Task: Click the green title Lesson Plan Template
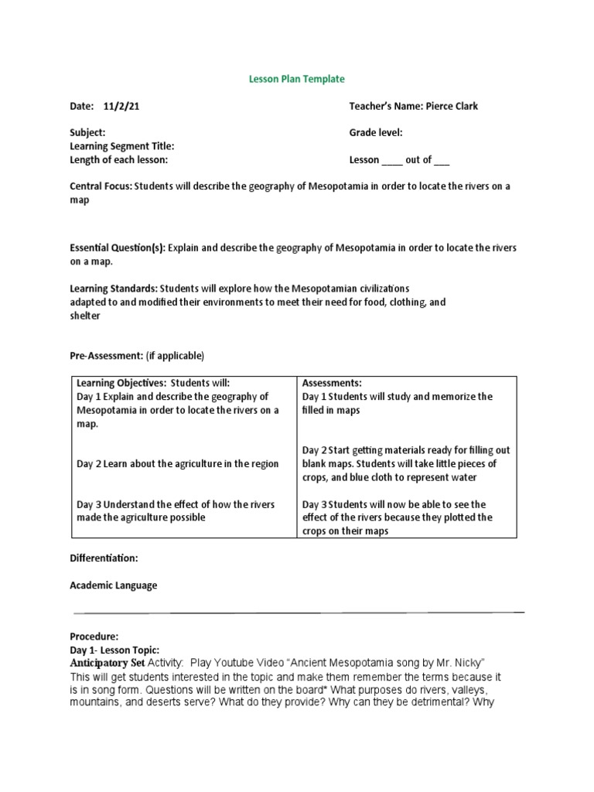pos(297,79)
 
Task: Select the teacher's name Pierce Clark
pos(451,106)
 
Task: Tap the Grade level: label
pos(376,133)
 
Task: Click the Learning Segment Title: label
pos(121,146)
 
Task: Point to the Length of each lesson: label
pos(118,159)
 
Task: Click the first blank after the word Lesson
pos(392,160)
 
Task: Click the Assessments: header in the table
pos(332,383)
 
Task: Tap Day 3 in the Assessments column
pos(316,504)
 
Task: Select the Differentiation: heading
pos(104,558)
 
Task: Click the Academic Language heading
pos(114,585)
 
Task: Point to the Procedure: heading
pos(94,637)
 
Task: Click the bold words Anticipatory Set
pos(108,663)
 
